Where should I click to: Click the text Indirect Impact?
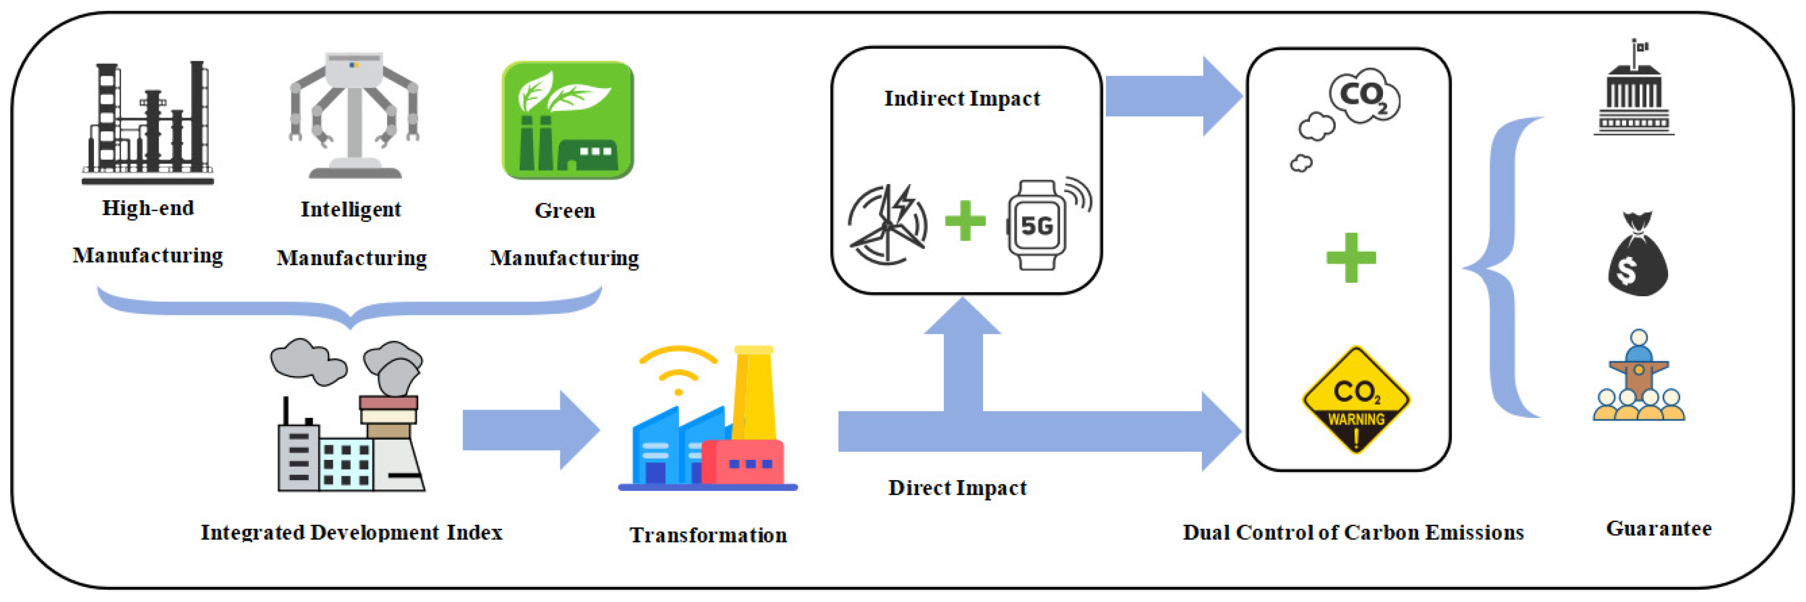[962, 99]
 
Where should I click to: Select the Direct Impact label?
[957, 488]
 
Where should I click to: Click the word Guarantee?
[1659, 528]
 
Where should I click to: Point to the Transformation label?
[708, 535]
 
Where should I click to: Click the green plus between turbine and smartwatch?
[965, 221]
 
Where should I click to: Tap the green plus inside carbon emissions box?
[1351, 258]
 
